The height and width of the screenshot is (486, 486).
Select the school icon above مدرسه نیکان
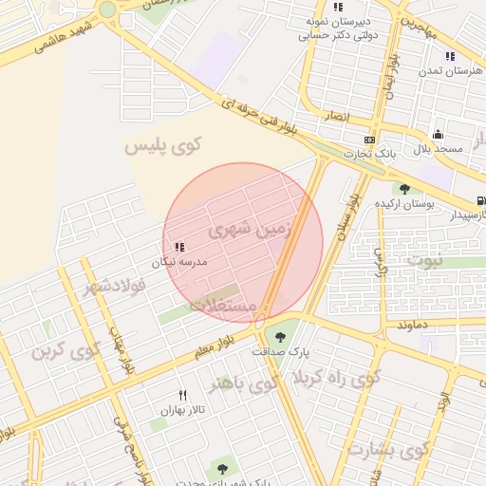pyautogui.click(x=179, y=247)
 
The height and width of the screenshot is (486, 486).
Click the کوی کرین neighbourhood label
pyautogui.click(x=65, y=352)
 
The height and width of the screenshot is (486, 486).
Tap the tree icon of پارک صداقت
pyautogui.click(x=280, y=337)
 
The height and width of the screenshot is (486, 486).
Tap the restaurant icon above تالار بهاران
pyautogui.click(x=183, y=394)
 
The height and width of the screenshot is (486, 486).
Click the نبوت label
pyautogui.click(x=424, y=259)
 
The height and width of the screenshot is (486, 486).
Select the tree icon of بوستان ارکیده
pyautogui.click(x=405, y=189)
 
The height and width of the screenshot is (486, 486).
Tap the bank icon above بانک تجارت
pyautogui.click(x=369, y=140)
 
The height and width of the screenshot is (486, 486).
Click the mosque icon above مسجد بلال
pyautogui.click(x=438, y=134)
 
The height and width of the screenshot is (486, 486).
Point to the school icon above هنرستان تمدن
pyautogui.click(x=450, y=56)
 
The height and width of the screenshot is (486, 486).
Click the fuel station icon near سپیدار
pyautogui.click(x=481, y=200)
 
